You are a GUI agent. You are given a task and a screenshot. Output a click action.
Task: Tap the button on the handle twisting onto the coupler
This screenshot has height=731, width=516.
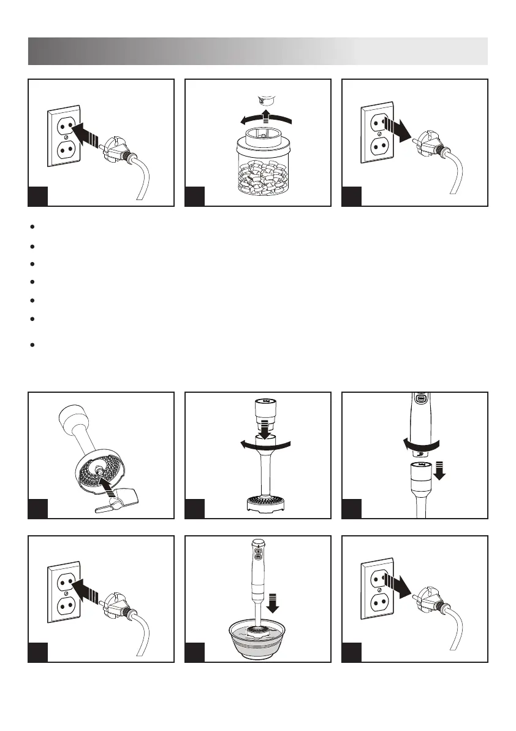point(420,399)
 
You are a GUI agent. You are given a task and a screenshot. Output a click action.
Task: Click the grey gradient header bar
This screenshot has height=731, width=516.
point(257,51)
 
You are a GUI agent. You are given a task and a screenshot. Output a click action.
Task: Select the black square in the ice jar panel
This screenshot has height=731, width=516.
point(194,196)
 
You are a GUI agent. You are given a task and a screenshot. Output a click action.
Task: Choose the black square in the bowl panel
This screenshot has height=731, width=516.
point(194,652)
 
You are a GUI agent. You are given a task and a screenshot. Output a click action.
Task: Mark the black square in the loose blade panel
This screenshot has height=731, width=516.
point(38,508)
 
